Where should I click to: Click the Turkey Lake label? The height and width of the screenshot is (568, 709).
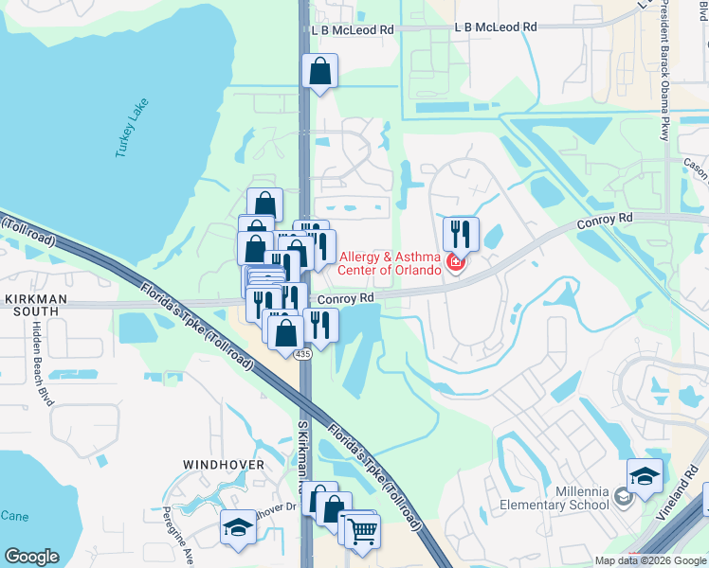pos(133,128)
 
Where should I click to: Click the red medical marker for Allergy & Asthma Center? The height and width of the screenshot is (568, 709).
pos(455,262)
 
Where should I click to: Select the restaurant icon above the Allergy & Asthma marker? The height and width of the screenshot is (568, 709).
pos(461,233)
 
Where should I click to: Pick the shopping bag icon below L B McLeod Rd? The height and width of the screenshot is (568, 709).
pos(320,71)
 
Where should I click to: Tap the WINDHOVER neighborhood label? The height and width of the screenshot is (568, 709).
pos(224,465)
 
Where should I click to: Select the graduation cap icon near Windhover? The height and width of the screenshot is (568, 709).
pos(237,528)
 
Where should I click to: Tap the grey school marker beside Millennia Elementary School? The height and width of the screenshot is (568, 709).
pos(623,496)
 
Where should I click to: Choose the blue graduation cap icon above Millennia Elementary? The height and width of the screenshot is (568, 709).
pos(645,475)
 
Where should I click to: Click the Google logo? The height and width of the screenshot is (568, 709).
pos(32,557)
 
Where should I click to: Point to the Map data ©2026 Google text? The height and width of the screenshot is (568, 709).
pos(650,560)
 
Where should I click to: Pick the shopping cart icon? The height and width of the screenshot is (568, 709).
pos(360,530)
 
